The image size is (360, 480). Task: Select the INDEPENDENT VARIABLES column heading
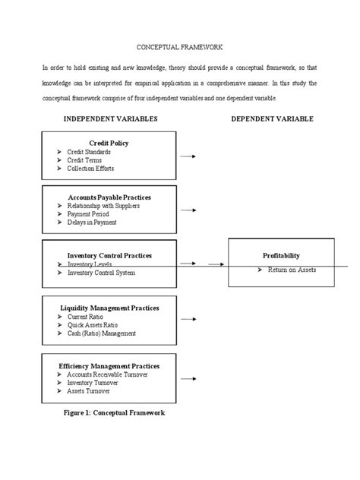point(110,119)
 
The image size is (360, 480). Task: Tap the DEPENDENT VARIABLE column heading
point(272,119)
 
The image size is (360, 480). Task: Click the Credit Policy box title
point(109,143)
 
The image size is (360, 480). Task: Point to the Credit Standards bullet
point(90,152)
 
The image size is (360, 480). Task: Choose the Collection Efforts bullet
point(91,168)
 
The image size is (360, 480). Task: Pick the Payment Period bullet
point(89,214)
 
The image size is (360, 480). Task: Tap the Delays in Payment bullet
point(93,223)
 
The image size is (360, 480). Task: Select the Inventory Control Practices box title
point(109,254)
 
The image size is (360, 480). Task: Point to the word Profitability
point(281,256)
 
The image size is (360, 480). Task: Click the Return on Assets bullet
point(286,270)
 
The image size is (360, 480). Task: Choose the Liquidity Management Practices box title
point(109,308)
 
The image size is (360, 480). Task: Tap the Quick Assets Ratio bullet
point(93,324)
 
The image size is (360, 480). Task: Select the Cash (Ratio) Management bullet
point(101,333)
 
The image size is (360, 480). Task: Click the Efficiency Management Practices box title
point(109,365)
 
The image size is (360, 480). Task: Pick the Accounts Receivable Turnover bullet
point(107,374)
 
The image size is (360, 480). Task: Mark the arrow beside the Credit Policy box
point(188,156)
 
